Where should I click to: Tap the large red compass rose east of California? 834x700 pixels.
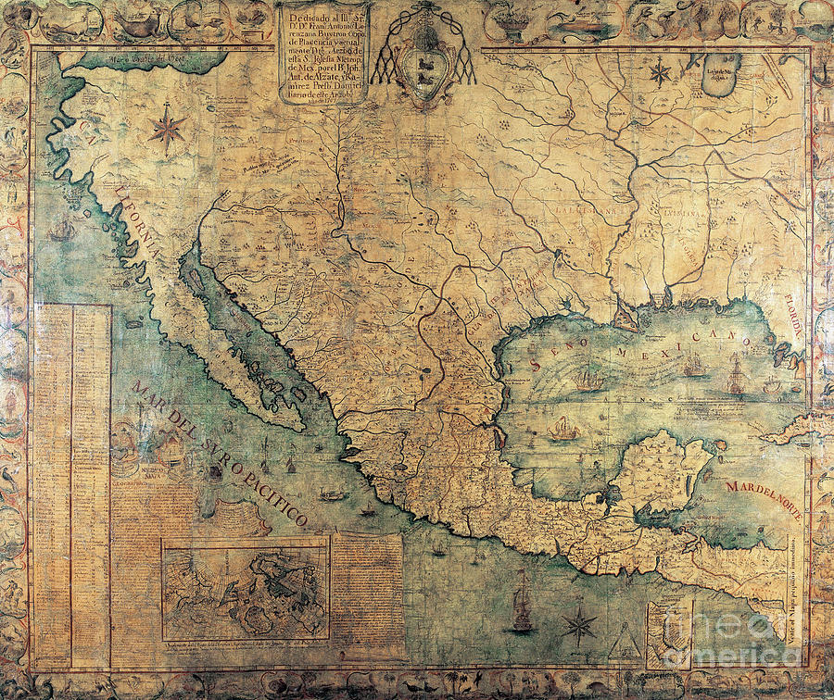pyautogui.click(x=168, y=128)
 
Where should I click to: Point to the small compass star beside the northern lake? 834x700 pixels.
pyautogui.click(x=660, y=72)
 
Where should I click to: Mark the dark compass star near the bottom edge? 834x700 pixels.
pyautogui.click(x=579, y=624)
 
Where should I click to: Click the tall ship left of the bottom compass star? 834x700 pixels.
pyautogui.click(x=522, y=604)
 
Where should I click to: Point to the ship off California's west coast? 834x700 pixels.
pyautogui.click(x=62, y=228)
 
